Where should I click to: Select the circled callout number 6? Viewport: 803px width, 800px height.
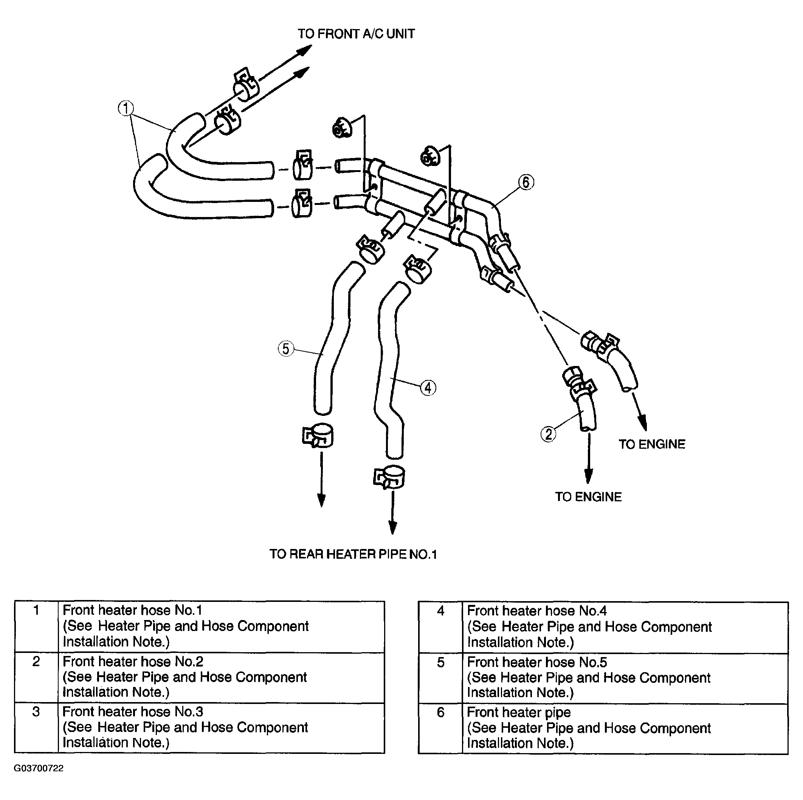[x=526, y=182]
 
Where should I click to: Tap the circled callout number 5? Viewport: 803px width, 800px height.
[x=285, y=348]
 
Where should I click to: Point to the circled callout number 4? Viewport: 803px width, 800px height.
[x=428, y=388]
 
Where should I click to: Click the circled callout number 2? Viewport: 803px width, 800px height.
[x=548, y=434]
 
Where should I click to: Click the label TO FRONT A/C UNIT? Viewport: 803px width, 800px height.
[x=356, y=34]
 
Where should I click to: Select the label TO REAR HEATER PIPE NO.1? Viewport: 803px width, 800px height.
[x=353, y=554]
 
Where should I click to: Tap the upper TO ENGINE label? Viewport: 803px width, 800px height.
[x=652, y=444]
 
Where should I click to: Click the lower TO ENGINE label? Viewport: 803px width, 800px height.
[x=588, y=497]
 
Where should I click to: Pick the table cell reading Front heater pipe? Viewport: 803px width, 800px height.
[x=519, y=712]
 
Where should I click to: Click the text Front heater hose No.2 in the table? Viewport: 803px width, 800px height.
[x=133, y=661]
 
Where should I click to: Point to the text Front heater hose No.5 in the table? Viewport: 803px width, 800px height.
[x=537, y=662]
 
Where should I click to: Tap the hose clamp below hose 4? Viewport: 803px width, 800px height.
[x=389, y=477]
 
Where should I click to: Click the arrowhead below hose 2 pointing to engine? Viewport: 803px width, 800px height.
[x=588, y=476]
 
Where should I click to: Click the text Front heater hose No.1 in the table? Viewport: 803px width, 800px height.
[x=133, y=610]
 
